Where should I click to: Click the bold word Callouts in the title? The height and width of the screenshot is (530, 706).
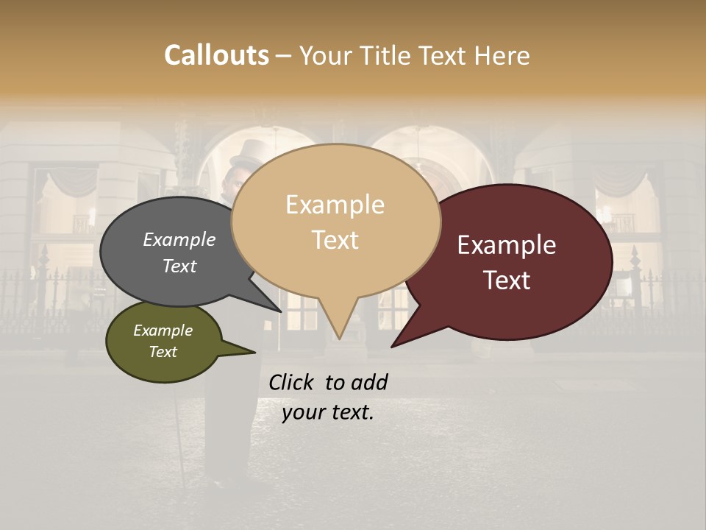click(216, 55)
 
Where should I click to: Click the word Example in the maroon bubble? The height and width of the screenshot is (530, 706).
click(507, 245)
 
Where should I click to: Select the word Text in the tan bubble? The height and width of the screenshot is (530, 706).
click(335, 240)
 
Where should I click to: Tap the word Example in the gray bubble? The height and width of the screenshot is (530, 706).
click(179, 240)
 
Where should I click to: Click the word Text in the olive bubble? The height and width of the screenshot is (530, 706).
click(163, 352)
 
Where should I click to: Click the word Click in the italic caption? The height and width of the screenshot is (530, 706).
click(293, 382)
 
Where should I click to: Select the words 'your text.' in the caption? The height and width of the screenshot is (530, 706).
click(328, 412)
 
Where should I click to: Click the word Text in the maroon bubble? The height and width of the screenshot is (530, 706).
click(507, 280)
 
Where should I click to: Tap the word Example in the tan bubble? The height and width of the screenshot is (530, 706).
click(335, 205)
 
